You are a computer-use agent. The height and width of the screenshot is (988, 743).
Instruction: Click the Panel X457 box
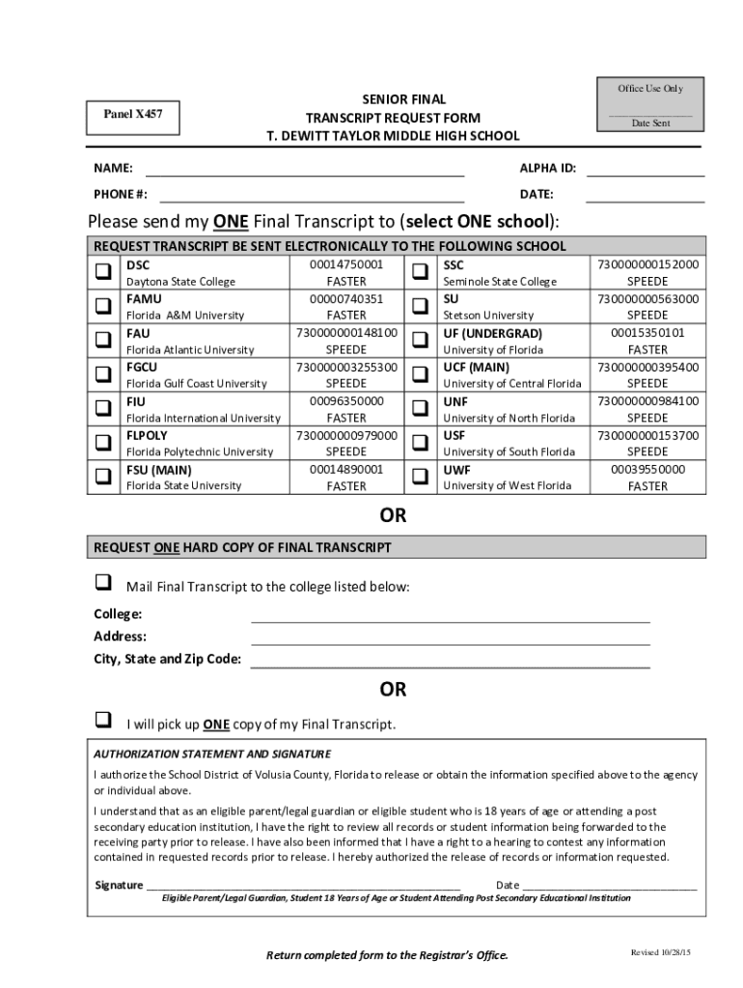click(133, 115)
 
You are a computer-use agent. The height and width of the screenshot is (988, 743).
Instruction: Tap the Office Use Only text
click(650, 89)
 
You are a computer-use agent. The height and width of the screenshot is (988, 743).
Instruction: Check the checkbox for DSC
click(102, 273)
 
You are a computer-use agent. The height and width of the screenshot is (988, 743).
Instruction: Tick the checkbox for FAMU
click(102, 307)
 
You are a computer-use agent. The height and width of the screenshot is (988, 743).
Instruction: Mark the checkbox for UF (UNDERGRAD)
click(420, 341)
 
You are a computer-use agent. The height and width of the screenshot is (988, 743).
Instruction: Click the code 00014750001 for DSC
click(346, 264)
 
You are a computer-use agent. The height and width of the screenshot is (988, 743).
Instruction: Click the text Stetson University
click(487, 316)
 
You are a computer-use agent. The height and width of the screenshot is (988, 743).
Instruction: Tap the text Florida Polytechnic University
click(200, 452)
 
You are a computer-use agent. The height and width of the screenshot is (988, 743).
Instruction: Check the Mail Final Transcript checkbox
click(102, 584)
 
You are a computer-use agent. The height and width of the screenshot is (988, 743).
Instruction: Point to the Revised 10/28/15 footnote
click(661, 953)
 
